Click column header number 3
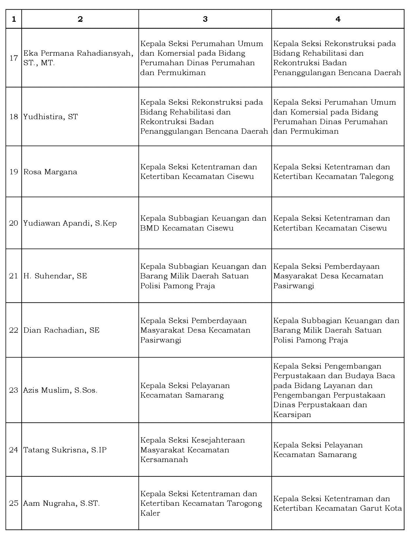coord(205,19)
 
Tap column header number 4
coord(338,19)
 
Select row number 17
coord(14,58)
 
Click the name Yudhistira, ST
coord(51,117)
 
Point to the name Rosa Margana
coord(50,172)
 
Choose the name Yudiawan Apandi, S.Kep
coord(70,223)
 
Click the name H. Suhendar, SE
coord(55,276)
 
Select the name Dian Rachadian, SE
coord(61,330)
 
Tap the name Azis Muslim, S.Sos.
coord(60,390)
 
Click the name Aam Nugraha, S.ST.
coord(62,503)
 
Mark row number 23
coord(14,390)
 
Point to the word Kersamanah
coord(164,459)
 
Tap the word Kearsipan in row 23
coord(292,414)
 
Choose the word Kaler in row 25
coord(150,513)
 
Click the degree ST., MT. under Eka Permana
coord(39,63)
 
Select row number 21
coord(14,276)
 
